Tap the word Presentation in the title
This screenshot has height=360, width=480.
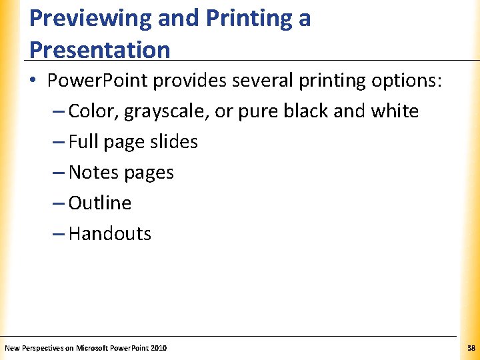point(99,49)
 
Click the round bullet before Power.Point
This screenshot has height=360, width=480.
point(33,81)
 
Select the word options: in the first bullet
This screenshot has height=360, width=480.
point(405,81)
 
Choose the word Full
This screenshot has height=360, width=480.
point(83,141)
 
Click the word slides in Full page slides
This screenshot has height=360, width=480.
point(175,141)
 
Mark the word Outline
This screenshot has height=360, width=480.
point(100,203)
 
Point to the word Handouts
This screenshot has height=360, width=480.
point(110,233)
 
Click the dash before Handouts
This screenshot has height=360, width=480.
point(58,233)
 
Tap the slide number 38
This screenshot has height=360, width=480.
point(471,348)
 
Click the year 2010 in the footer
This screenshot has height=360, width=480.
point(159,348)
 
